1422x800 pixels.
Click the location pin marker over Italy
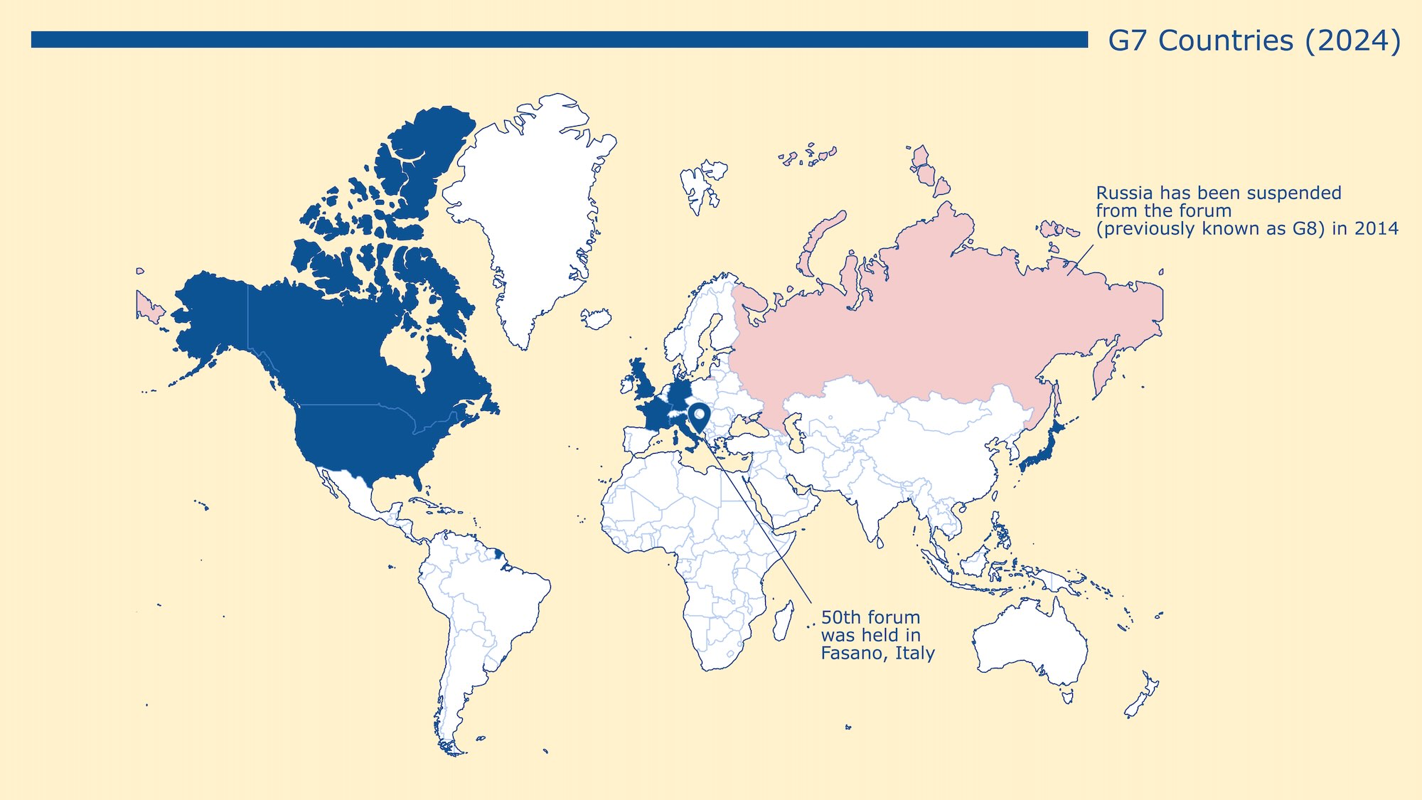pyautogui.click(x=699, y=415)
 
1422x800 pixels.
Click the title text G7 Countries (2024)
pyautogui.click(x=1254, y=41)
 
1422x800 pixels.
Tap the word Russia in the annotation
pyautogui.click(x=1124, y=193)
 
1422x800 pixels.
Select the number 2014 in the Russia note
pyautogui.click(x=1376, y=229)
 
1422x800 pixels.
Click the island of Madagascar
pyautogui.click(x=782, y=620)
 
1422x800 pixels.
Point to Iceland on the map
pyautogui.click(x=596, y=319)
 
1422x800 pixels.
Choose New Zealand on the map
pyautogui.click(x=1140, y=697)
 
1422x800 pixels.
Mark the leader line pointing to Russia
pyautogui.click(x=1080, y=260)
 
